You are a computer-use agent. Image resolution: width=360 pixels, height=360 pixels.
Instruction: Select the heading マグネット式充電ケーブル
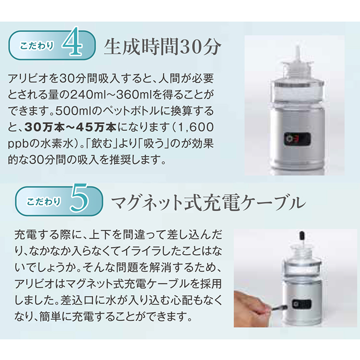207,202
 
